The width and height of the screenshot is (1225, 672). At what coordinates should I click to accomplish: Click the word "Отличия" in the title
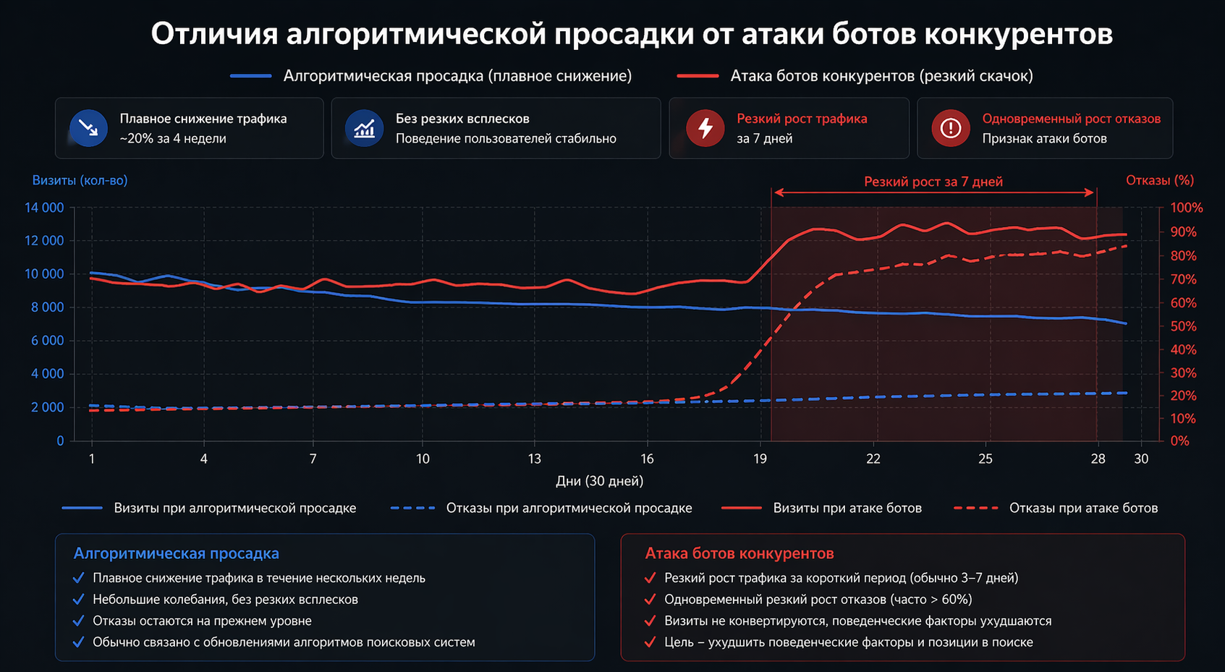click(x=214, y=34)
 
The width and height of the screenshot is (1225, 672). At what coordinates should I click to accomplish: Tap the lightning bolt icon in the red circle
click(x=705, y=128)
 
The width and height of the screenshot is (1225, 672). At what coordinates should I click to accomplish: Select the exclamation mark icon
click(x=950, y=128)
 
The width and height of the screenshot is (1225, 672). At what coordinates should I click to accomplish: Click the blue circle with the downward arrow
click(x=88, y=128)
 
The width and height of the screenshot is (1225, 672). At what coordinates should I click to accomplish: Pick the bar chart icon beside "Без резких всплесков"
click(x=364, y=128)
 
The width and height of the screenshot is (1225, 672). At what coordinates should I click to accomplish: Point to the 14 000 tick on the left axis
click(x=44, y=208)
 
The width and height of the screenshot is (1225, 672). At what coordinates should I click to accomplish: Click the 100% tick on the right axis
click(x=1186, y=208)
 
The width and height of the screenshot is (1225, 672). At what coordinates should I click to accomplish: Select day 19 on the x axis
click(x=760, y=459)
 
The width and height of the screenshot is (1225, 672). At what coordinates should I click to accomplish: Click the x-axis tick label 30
click(x=1141, y=459)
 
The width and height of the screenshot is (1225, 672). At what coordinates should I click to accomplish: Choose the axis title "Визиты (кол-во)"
click(x=80, y=180)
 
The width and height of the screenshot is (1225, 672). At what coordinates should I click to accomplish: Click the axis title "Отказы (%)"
click(x=1159, y=180)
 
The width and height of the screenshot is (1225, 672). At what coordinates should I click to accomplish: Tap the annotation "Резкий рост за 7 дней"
click(x=933, y=182)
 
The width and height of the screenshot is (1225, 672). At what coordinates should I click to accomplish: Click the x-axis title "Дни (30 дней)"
click(x=599, y=481)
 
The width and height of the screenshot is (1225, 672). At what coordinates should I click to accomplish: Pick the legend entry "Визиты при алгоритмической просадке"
click(x=234, y=509)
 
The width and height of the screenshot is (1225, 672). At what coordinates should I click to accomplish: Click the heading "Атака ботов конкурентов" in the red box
click(x=739, y=553)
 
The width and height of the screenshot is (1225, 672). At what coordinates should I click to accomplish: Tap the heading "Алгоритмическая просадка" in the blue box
click(x=176, y=553)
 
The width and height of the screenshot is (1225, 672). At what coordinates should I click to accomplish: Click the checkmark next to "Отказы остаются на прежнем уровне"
click(x=78, y=621)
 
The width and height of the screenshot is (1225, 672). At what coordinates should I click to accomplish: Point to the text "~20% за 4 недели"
click(x=173, y=138)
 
